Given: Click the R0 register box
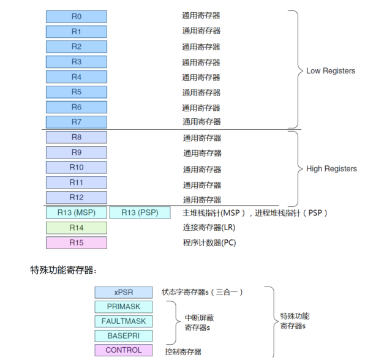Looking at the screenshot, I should [x=76, y=17].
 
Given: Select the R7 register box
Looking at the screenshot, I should [x=76, y=122].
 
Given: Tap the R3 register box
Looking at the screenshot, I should [x=76, y=62].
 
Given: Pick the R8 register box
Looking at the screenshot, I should [x=76, y=137].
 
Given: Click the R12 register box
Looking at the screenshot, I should [x=76, y=197].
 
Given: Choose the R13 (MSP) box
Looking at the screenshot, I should [x=76, y=212].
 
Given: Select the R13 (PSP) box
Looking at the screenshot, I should [x=140, y=212].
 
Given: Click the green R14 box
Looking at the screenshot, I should [x=76, y=228].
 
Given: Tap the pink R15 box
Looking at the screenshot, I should [x=76, y=242].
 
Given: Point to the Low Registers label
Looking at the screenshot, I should [x=330, y=71].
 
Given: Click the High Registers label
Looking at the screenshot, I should [x=331, y=168].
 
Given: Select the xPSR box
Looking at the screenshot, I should [x=123, y=292].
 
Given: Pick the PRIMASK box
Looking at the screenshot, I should [x=123, y=307].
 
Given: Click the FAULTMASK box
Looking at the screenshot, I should [x=123, y=321].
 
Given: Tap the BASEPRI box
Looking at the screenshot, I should [x=123, y=336].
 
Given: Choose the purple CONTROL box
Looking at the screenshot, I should [x=123, y=350].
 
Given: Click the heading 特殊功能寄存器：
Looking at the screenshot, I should [x=64, y=269].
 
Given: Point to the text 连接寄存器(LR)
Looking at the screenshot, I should [x=209, y=228].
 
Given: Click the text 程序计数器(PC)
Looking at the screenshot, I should [x=209, y=242].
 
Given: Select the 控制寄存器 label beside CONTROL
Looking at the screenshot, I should [x=183, y=352].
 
